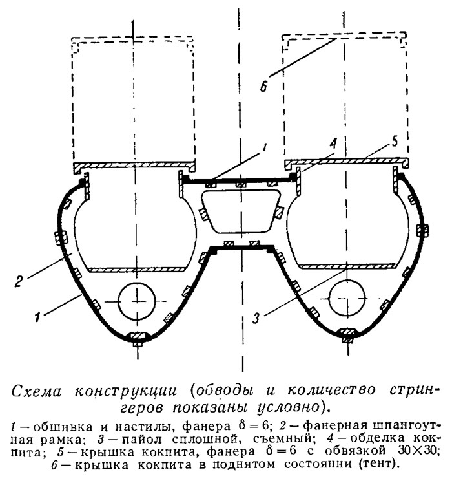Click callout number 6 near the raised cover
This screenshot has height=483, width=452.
[x=263, y=85]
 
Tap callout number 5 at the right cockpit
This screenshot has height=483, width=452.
[x=394, y=142]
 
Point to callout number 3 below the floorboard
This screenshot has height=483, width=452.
[x=256, y=317]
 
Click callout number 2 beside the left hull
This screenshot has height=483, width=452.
[x=19, y=281]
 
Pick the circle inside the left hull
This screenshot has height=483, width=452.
[x=136, y=301]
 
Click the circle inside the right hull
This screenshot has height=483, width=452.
[x=347, y=298]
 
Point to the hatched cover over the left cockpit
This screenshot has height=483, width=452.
[x=134, y=166]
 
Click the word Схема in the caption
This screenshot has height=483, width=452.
[x=37, y=392]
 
